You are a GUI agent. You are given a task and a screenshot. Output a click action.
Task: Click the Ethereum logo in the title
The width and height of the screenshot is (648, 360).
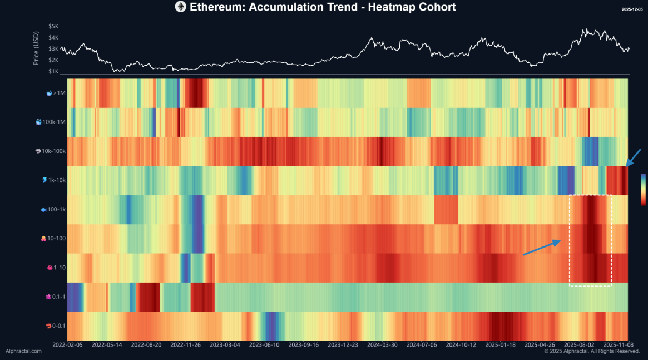pos(181,7)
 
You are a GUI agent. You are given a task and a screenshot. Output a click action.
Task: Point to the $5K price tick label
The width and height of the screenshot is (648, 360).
pos(53,26)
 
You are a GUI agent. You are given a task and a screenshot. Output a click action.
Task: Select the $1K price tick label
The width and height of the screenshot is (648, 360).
pos(53,71)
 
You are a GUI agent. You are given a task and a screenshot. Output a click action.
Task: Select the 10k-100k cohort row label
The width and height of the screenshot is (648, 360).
pos(51,151)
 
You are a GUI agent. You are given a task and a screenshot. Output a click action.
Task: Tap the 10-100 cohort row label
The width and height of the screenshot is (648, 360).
pos(55,238)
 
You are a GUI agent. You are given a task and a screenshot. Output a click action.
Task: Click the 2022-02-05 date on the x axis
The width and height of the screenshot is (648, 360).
pos(67,345)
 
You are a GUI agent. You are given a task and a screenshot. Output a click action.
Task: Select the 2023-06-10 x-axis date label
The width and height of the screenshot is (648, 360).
pos(264,345)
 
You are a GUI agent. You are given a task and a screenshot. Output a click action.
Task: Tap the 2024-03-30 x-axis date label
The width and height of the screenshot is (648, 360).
pos(383,345)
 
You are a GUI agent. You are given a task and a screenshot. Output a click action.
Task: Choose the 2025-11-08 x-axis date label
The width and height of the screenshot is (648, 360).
pos(619,345)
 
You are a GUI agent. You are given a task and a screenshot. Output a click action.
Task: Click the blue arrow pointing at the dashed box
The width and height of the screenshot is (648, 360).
pos(541,248)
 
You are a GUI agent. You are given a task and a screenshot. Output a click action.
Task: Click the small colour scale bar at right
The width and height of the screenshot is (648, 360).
pos(643,189)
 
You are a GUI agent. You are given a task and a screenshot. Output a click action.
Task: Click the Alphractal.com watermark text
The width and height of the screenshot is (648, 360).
pos(23,351)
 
